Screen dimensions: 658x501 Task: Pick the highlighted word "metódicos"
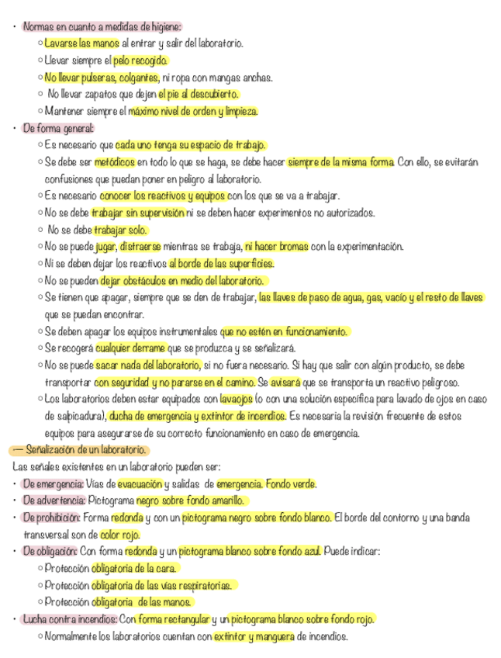click(115, 162)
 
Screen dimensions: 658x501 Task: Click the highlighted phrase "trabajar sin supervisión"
click(138, 213)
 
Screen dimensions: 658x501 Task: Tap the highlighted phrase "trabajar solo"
click(120, 230)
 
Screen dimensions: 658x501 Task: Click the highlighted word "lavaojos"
click(235, 399)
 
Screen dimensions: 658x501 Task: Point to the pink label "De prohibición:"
click(51, 518)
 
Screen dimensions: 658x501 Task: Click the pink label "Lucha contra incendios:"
click(69, 619)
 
